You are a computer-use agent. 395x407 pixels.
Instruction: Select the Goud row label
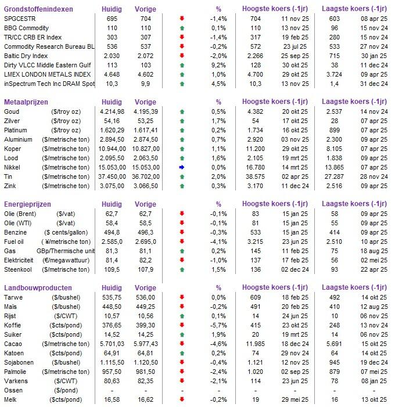coord(12,111)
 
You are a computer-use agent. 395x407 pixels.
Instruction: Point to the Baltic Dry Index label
coord(26,56)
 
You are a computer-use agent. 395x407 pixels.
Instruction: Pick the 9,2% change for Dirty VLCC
coord(218,65)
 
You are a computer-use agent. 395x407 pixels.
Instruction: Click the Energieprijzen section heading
coord(28,204)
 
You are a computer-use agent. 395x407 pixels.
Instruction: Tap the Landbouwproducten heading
coord(38,287)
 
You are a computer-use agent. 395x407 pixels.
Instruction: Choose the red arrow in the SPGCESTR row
coord(182,19)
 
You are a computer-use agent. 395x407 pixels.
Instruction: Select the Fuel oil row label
coord(15,242)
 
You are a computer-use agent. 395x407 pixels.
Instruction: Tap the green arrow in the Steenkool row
coord(182,269)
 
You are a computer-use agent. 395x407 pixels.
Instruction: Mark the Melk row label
coord(11,399)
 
